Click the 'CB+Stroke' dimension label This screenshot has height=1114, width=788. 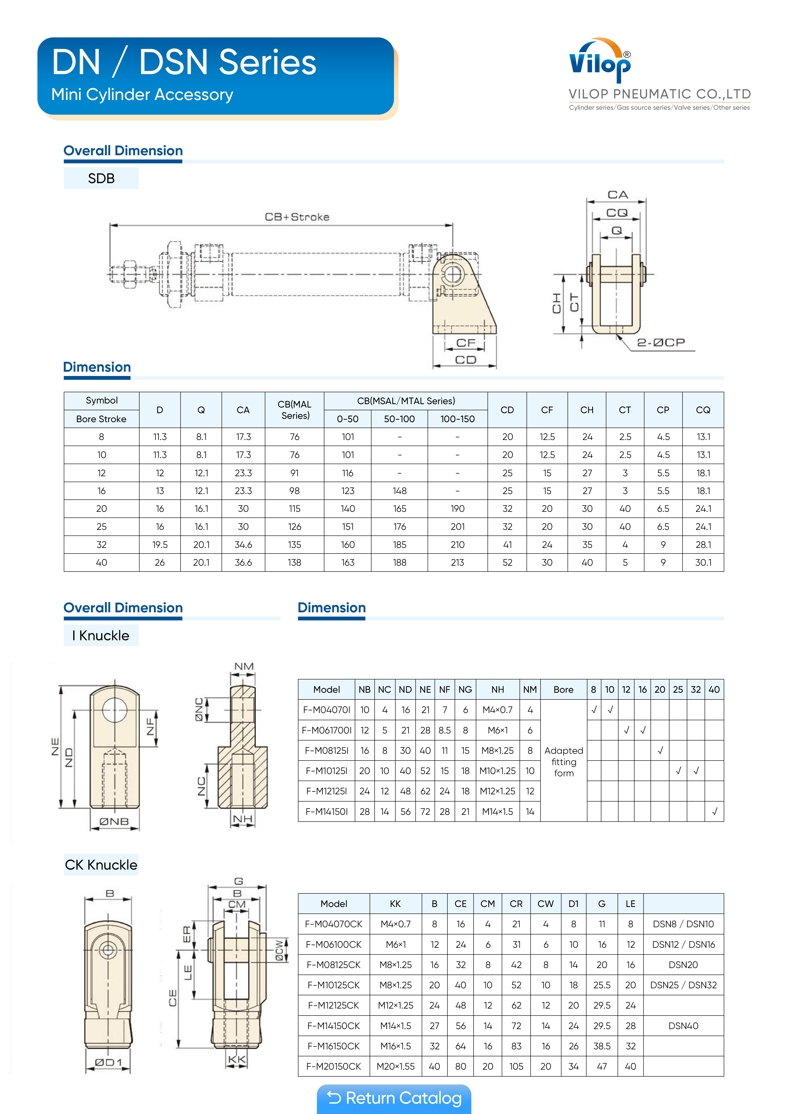click(297, 217)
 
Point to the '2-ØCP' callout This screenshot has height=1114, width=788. click(661, 343)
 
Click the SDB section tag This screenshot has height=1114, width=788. click(101, 179)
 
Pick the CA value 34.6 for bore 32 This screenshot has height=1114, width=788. click(243, 544)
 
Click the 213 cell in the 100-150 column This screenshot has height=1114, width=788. click(457, 562)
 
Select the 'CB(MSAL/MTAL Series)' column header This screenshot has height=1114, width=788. click(406, 401)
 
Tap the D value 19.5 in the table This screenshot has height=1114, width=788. click(160, 544)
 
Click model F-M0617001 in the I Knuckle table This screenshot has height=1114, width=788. click(326, 730)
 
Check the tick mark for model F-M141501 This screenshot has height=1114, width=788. click(714, 811)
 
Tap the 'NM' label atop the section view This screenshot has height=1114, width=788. click(244, 666)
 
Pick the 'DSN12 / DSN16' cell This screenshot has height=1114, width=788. click(683, 944)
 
